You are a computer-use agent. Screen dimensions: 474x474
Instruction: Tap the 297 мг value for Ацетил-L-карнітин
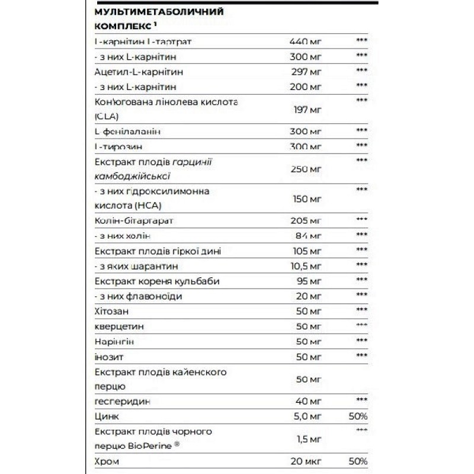click(305, 72)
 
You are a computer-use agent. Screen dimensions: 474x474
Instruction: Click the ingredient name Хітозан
click(110, 310)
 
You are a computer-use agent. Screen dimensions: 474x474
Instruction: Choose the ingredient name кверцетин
click(119, 326)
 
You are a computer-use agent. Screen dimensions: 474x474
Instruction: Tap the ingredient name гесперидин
click(123, 402)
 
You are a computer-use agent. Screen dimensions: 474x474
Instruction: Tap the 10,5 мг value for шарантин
click(306, 265)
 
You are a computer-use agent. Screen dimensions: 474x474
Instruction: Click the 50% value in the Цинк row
click(358, 417)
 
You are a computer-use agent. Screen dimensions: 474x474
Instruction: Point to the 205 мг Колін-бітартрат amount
click(306, 220)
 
